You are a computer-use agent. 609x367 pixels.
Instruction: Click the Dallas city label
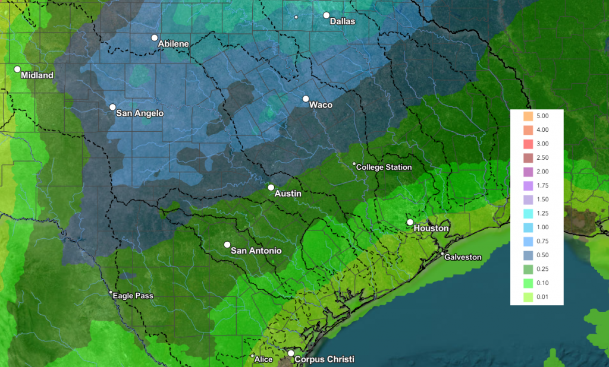click(342, 21)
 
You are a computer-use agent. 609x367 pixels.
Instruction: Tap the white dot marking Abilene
click(155, 38)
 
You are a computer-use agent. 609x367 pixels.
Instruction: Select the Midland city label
click(37, 75)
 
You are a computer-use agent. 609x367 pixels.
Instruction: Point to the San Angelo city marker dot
click(112, 107)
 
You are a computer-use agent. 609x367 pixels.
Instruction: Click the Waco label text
click(321, 105)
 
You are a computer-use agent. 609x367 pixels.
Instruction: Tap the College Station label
click(384, 167)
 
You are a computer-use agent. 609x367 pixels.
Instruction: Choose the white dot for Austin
click(271, 188)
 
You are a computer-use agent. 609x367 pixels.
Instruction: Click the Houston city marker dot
click(410, 222)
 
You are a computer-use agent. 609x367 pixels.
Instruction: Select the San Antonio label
click(256, 251)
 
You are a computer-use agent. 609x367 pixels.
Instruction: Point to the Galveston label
click(463, 257)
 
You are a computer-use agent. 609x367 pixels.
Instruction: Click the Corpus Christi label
click(324, 359)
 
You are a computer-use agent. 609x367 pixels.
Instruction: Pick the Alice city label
click(263, 359)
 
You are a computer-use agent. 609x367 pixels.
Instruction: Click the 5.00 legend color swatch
click(526, 116)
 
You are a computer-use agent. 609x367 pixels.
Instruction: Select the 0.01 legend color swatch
click(526, 297)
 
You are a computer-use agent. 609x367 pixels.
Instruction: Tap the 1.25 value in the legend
click(542, 213)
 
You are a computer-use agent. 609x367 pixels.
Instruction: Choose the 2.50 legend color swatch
click(526, 157)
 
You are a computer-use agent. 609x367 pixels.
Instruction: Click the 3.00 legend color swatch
click(526, 144)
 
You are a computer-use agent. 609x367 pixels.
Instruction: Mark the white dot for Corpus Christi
click(291, 353)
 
